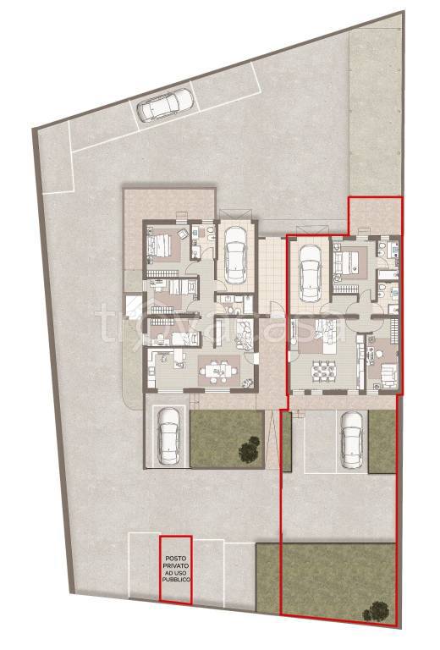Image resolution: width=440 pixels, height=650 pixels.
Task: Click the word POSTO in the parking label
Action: (x=176, y=559)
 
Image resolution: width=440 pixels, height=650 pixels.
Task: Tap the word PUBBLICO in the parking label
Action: (x=176, y=580)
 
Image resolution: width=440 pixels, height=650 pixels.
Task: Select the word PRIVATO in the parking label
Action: (x=176, y=565)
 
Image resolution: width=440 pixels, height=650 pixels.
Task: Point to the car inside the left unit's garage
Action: (x=235, y=254)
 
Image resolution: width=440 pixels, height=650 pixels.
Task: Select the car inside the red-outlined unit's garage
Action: (x=310, y=273)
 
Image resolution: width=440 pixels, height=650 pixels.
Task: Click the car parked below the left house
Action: (x=168, y=435)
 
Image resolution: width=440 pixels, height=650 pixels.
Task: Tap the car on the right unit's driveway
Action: (x=351, y=439)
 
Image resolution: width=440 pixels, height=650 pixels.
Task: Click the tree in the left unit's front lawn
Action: (x=250, y=448)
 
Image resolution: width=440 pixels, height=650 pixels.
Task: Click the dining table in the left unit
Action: (x=217, y=369)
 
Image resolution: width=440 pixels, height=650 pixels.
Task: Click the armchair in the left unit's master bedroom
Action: (x=183, y=234)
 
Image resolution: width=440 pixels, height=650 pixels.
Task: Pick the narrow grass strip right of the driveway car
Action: (x=382, y=442)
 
